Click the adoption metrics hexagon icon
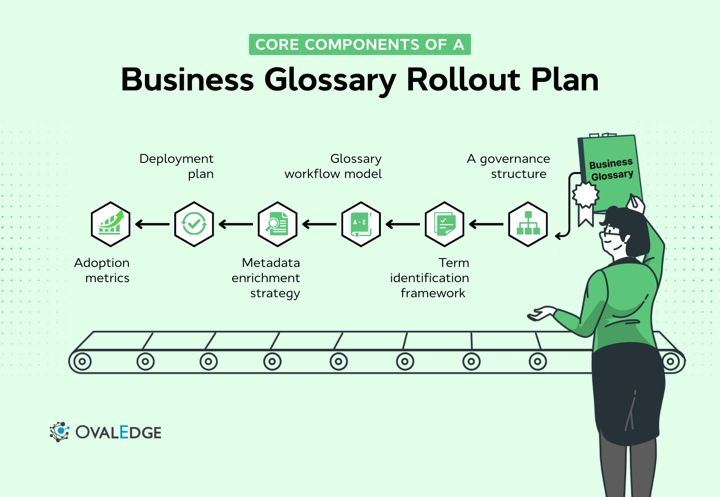(110, 224)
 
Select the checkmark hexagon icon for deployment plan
(194, 224)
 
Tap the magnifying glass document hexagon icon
(277, 224)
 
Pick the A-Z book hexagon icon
(361, 224)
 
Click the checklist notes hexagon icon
(444, 224)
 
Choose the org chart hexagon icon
(528, 224)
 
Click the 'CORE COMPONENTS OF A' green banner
(360, 44)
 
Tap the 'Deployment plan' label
(177, 166)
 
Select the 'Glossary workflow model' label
(333, 166)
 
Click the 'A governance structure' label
(509, 166)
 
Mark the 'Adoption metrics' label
(102, 270)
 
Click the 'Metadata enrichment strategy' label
(266, 278)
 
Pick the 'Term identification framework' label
(430, 278)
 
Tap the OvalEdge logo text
(118, 432)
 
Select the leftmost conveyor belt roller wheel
(82, 362)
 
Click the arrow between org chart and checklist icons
(486, 224)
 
